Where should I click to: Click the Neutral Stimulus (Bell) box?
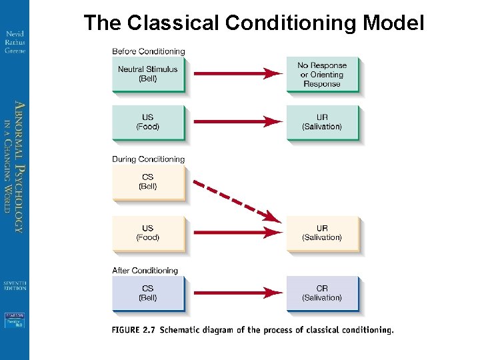tap(148, 74)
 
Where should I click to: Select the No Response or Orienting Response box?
tap(322, 74)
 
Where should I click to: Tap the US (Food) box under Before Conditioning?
tap(148, 122)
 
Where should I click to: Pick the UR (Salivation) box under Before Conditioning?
tap(322, 122)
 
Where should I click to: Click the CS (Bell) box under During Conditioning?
tap(148, 182)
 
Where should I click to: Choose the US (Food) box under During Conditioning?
tap(148, 233)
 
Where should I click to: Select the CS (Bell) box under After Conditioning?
tap(148, 293)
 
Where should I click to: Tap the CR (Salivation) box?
tap(322, 293)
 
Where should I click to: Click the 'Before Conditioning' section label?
tap(148, 51)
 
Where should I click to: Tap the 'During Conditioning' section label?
tap(148, 159)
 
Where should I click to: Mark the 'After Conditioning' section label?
tap(145, 271)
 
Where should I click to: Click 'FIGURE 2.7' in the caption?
tap(135, 330)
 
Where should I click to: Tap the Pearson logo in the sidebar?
tap(15, 321)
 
